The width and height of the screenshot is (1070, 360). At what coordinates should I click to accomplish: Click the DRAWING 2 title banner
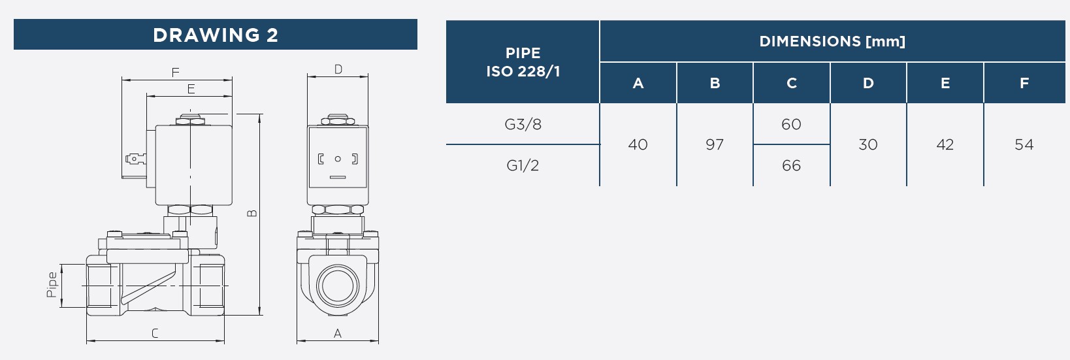point(216,35)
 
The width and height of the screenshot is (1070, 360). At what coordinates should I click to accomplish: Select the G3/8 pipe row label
point(523,124)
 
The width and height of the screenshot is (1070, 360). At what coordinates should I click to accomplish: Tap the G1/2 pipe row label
point(523,165)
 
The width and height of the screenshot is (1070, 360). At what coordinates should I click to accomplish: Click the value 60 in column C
point(791,124)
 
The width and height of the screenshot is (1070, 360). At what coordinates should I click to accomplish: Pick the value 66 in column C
point(791,165)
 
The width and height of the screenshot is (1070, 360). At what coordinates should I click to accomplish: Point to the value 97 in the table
point(715,144)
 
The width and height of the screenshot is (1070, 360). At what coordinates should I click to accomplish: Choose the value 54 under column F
point(1024,144)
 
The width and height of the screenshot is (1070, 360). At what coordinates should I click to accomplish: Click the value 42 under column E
point(945,144)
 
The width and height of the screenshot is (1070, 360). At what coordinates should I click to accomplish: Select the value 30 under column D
point(868,144)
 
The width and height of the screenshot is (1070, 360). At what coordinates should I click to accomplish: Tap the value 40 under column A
point(638,144)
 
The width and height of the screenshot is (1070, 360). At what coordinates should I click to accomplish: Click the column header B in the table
point(715,83)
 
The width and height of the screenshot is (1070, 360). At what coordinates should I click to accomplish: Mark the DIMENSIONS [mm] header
point(832,42)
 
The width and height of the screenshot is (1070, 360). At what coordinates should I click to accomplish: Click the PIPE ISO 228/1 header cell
point(523,61)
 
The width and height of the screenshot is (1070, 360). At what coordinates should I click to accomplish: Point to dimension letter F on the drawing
point(175,73)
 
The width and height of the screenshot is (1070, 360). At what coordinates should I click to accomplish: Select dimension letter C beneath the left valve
point(155,333)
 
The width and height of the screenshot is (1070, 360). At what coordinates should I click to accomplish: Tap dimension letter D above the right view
point(338,70)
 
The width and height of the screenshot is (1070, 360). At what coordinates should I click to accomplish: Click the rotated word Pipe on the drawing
point(52,285)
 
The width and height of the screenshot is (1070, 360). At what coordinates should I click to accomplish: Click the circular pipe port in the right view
point(338,286)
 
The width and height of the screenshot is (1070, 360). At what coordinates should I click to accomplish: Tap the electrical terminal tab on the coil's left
point(135,159)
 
